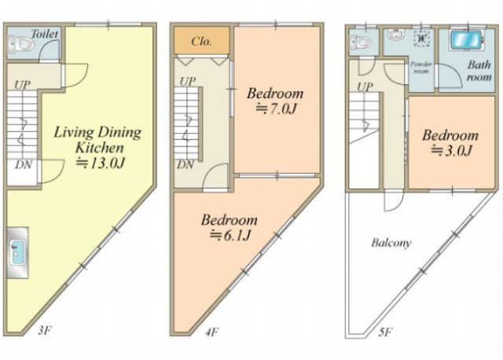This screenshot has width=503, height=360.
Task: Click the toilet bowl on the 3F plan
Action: point(24,44)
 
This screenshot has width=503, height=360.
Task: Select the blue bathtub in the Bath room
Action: point(466,40)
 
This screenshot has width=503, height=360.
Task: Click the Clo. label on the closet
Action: point(201,41)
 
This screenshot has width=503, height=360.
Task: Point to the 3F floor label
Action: point(44,330)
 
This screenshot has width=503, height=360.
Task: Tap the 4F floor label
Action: point(211,332)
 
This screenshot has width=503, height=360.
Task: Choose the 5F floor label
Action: point(385,332)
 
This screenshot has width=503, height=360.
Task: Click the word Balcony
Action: point(391,243)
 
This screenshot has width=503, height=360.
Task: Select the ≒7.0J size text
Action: point(276,109)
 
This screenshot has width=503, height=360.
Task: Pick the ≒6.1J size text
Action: point(230,236)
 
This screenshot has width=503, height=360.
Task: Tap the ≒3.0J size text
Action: point(451,150)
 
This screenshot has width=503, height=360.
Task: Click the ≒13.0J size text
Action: point(100,163)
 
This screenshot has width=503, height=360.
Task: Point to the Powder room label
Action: point(421,68)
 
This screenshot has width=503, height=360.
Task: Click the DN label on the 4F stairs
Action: point(185,165)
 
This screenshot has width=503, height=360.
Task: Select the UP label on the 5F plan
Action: point(365,86)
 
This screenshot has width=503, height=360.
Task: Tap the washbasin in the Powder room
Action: point(395,35)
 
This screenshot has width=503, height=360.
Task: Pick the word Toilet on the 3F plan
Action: point(45,34)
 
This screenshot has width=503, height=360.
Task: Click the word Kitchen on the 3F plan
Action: point(100,148)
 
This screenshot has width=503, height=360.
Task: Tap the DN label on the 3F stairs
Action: point(24,165)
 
